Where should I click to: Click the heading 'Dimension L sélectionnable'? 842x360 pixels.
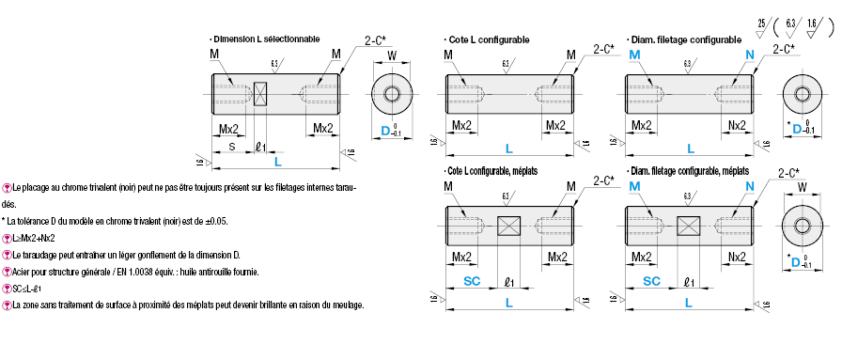pos(266,39)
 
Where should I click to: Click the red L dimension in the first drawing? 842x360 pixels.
pos(277,163)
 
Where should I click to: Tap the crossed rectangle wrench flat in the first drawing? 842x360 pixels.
pos(261,94)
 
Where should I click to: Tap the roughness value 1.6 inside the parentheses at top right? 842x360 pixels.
pos(811,18)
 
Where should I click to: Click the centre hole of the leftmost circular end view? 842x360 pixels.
pos(392,94)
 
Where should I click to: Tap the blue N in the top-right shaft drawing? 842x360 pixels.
pos(749,56)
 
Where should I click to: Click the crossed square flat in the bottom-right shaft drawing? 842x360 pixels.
pos(689,226)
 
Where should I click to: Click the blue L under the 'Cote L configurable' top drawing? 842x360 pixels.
pos(509,149)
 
